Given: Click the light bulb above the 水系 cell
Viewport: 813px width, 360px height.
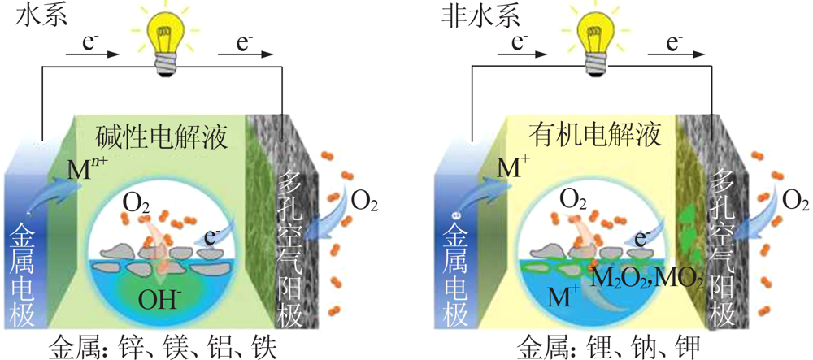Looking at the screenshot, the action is [x=165, y=41].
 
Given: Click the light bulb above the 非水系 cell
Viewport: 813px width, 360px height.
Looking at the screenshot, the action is [x=593, y=41].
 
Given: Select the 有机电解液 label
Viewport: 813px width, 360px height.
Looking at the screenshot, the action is [x=595, y=136].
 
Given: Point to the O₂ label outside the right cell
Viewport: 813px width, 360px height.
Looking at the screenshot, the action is [x=795, y=202].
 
